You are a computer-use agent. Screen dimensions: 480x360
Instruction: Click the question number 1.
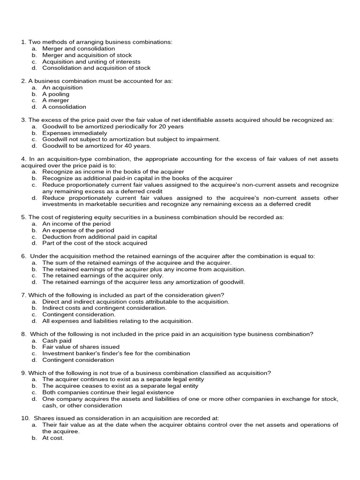[23, 42]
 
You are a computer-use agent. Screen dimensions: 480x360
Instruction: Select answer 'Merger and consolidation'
[78, 49]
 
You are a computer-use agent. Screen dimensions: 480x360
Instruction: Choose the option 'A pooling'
[56, 94]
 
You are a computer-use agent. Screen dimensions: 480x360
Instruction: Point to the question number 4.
[23, 159]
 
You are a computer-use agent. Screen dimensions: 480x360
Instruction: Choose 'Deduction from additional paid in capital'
[99, 237]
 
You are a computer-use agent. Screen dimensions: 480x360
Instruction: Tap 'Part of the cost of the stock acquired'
[95, 243]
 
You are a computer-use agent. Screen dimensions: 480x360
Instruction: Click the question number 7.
[23, 295]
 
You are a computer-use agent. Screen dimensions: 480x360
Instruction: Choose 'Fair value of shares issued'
[81, 347]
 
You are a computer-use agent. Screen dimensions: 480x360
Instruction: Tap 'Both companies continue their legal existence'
[108, 392]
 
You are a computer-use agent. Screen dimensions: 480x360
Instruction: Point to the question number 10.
[25, 418]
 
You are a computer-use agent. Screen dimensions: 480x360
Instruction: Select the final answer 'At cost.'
[53, 438]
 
